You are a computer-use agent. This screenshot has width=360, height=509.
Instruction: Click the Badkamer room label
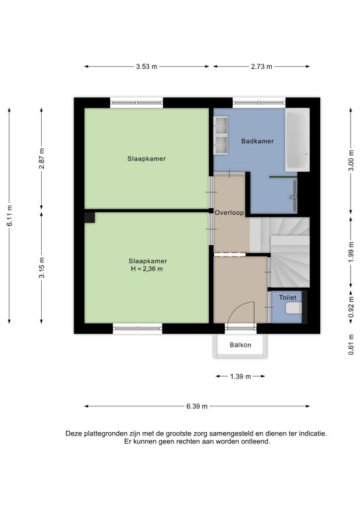257,141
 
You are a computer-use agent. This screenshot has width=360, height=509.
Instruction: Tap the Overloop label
229,213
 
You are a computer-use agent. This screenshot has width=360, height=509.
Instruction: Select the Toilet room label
288,298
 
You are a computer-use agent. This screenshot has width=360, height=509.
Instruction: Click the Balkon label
241,345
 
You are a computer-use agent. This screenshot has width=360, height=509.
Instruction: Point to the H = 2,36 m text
147,269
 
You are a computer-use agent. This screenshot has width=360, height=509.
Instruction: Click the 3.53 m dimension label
147,66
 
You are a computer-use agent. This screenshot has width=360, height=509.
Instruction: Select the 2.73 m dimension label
261,66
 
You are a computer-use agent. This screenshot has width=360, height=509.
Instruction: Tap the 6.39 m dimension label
197,406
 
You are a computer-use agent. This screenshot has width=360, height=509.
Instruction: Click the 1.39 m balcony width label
241,376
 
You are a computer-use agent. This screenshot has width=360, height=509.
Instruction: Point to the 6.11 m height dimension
9,215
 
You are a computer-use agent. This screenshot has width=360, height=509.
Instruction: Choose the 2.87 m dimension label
42,158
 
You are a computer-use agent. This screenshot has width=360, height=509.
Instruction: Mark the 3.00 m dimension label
351,160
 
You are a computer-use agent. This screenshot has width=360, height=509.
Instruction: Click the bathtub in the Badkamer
297,140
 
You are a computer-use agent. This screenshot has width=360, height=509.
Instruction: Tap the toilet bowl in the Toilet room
294,308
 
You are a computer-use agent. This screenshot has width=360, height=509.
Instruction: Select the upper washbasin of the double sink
221,125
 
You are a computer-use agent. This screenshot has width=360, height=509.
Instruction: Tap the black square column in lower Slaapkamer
90,217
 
